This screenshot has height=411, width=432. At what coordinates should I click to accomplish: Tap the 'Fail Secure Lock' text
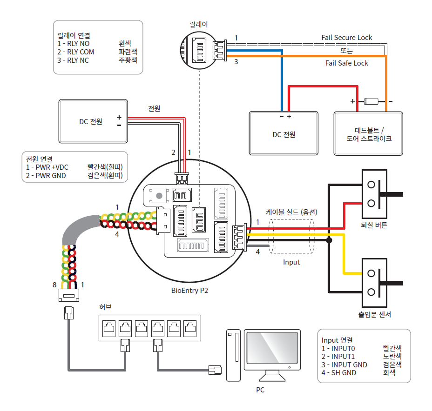347,37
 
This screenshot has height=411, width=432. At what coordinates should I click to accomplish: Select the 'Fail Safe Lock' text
346,63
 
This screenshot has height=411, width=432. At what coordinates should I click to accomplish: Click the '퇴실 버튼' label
374,225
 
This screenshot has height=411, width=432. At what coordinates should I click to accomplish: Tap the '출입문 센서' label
374,314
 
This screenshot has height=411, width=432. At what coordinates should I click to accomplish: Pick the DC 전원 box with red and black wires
93,122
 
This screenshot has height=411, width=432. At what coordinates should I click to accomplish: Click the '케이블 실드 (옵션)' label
291,212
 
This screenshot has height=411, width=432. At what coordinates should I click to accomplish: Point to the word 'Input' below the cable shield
291,262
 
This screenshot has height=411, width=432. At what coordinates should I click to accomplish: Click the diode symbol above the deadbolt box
372,100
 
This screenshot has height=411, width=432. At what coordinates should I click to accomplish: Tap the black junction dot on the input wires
329,240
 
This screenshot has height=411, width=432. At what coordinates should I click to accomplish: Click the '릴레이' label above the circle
199,24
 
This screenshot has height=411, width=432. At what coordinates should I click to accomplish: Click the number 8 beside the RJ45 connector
54,284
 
